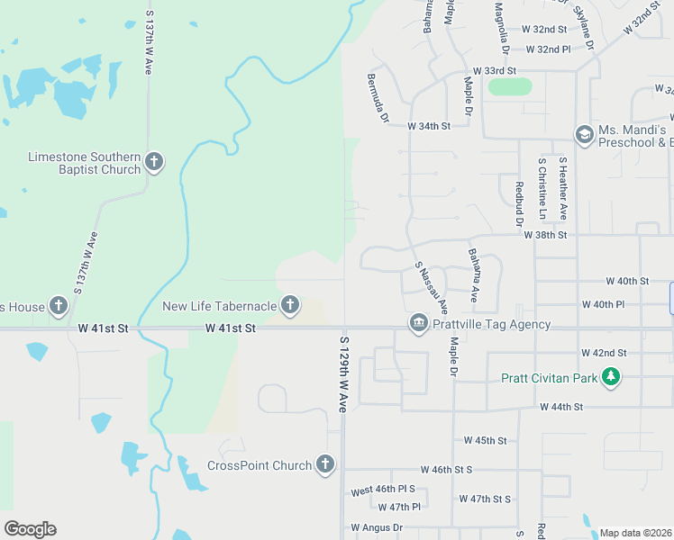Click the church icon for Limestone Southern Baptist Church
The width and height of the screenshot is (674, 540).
pyautogui.click(x=154, y=162)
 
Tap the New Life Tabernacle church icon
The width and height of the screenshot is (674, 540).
pyautogui.click(x=290, y=306)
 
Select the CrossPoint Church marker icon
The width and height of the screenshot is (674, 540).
pyautogui.click(x=324, y=465)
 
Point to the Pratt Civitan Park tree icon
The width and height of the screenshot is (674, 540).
pyautogui.click(x=612, y=378)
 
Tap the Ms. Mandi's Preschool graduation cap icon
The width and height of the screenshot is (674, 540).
pyautogui.click(x=584, y=134)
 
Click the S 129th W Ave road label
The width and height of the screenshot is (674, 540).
pyautogui.click(x=343, y=374)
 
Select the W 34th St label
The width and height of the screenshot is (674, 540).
pyautogui.click(x=428, y=126)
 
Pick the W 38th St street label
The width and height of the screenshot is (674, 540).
pyautogui.click(x=545, y=235)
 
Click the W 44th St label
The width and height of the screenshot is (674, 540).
pyautogui.click(x=561, y=407)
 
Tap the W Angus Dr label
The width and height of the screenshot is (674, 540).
pyautogui.click(x=378, y=527)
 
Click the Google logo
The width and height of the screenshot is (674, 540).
pyautogui.click(x=30, y=529)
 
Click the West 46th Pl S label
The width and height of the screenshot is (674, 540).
pyautogui.click(x=383, y=490)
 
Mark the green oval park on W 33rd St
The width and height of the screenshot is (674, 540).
pyautogui.click(x=509, y=87)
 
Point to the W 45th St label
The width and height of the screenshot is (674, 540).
pyautogui.click(x=485, y=440)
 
